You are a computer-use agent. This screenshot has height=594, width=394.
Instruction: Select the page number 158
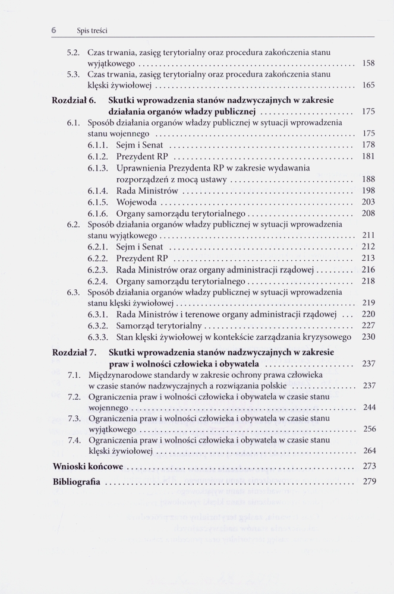coord(368,63)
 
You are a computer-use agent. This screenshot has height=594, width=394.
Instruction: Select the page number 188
coord(368,179)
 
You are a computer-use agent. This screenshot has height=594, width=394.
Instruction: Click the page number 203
coord(368,201)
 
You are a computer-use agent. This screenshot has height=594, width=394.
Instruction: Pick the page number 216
coord(368,269)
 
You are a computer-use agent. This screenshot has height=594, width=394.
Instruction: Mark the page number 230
coord(368,337)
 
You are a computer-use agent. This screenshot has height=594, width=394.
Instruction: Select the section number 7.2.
coord(74,397)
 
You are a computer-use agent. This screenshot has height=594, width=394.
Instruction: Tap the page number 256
coord(368,429)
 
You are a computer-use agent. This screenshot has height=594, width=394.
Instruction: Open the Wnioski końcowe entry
coord(88,467)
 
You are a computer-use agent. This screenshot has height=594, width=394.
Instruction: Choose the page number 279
coord(368,481)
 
